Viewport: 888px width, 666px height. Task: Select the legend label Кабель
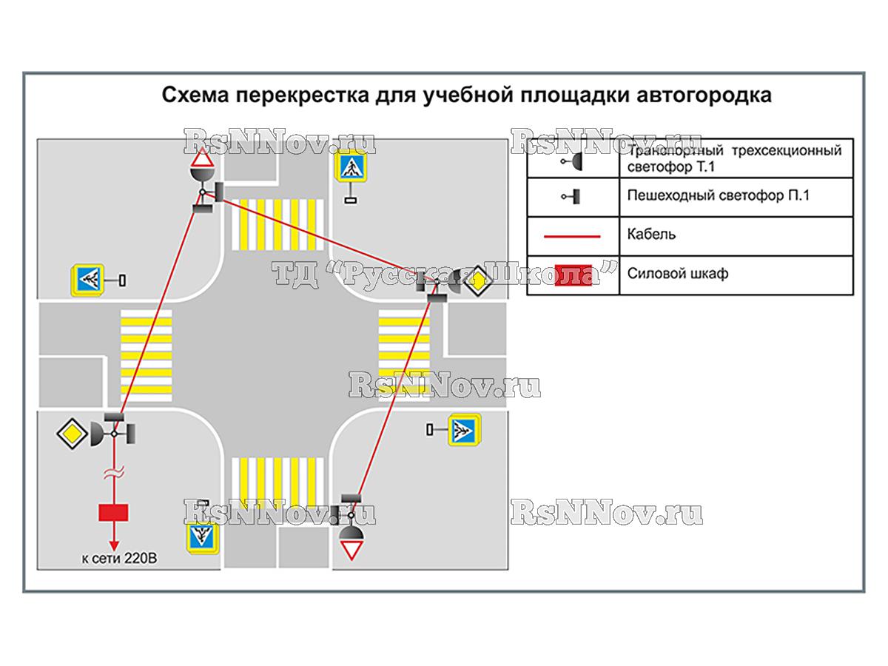click(x=651, y=235)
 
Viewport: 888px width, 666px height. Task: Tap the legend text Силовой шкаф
click(x=677, y=274)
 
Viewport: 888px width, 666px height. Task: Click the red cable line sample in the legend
click(x=572, y=236)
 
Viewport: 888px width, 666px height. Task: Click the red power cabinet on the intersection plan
click(x=112, y=512)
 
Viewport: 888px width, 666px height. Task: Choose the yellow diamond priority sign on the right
click(x=480, y=282)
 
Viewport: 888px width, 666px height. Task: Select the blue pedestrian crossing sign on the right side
click(x=464, y=429)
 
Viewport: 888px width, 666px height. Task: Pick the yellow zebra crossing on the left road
click(x=147, y=351)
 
